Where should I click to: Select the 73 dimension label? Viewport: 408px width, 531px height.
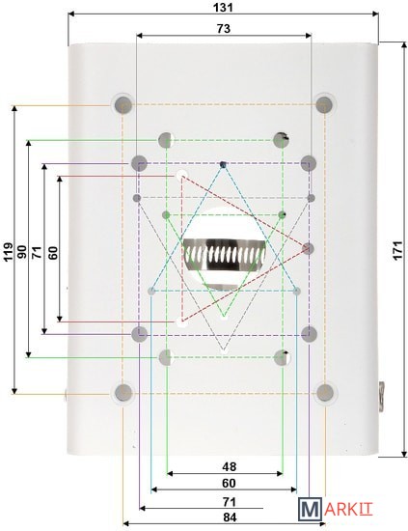pos(223,28)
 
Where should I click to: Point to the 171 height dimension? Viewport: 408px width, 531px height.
pos(398,250)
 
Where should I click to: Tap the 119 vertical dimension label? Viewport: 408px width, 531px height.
pos(9,252)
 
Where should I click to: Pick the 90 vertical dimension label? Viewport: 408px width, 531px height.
pos(22,252)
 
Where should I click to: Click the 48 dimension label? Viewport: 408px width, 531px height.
pos(229,466)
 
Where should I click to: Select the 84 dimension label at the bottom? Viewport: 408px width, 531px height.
pos(231,517)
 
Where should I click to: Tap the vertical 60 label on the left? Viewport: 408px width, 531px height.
pos(53,253)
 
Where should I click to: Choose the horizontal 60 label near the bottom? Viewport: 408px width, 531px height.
pos(229,483)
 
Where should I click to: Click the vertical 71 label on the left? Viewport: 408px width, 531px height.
pos(38,253)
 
